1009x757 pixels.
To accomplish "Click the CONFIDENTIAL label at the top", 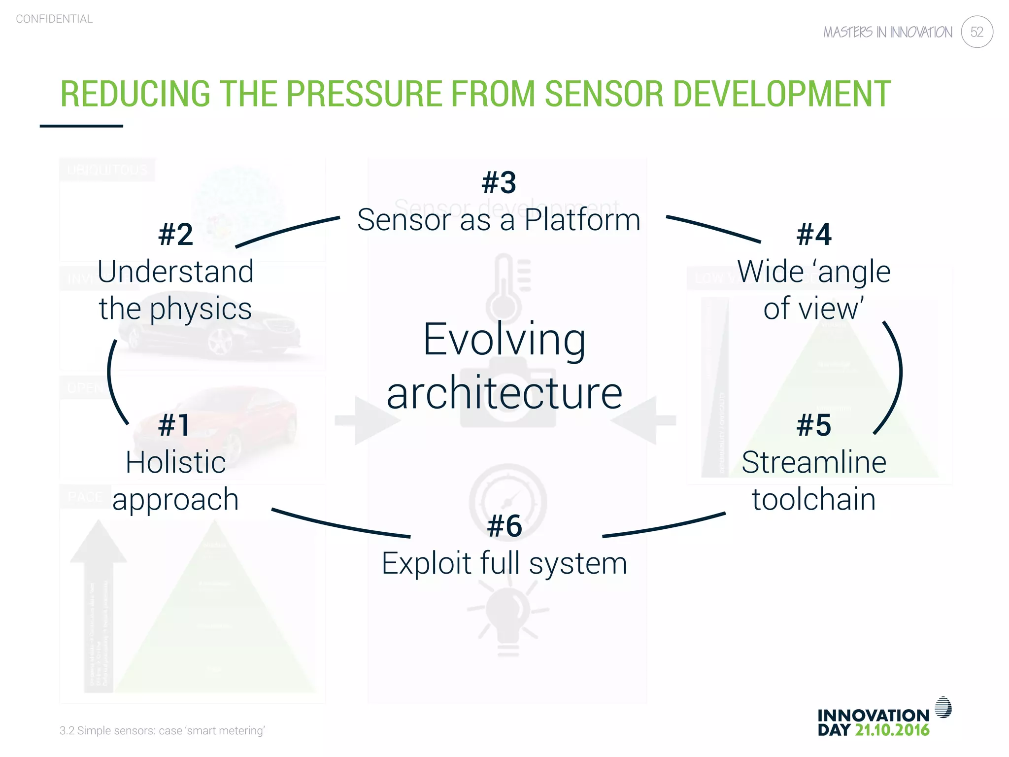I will [54, 19].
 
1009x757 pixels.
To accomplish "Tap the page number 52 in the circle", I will [976, 32].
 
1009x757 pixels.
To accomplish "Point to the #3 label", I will [499, 182].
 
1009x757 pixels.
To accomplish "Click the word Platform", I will [582, 220].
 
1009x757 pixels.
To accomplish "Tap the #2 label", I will [175, 234].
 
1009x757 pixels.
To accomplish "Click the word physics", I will [201, 310].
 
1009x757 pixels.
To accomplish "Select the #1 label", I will [174, 425].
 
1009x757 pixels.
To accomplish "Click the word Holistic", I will [175, 462].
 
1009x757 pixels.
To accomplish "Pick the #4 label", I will [814, 234].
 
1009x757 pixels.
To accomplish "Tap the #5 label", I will [814, 425].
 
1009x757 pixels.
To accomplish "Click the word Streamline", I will [814, 462].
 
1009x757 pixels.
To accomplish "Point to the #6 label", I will [504, 526].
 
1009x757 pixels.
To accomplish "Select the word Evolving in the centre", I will [504, 340].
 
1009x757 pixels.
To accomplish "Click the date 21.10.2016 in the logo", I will [892, 730].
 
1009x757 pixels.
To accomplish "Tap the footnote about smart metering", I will [162, 730].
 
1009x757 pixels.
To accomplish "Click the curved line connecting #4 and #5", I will [899, 375].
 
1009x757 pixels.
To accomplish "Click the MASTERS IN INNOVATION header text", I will [888, 33].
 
